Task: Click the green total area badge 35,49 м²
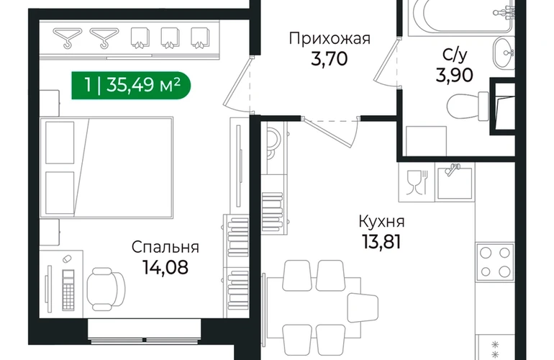point(131,86)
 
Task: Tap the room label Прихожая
point(330,39)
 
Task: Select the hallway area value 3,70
point(330,59)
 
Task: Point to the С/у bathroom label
point(455,55)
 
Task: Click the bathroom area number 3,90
point(455,75)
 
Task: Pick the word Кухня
point(381,222)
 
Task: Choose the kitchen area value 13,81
point(381,242)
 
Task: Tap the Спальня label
point(165,247)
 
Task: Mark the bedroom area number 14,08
point(165,267)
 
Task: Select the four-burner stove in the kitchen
point(495,262)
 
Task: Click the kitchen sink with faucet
point(455,182)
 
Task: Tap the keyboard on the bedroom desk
point(68,290)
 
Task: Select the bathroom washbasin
point(503,53)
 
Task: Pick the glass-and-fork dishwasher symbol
point(417,182)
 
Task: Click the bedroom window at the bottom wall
point(145,332)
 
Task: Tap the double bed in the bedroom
point(106,168)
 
